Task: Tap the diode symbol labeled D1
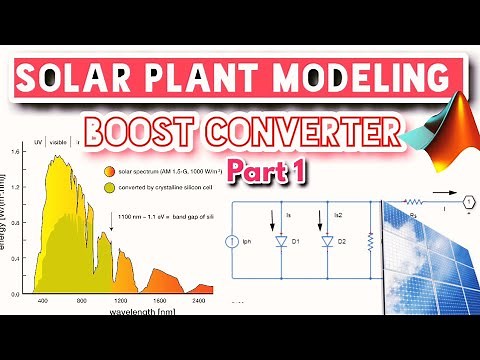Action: [x=283, y=241]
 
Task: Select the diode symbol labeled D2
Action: [x=326, y=241]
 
